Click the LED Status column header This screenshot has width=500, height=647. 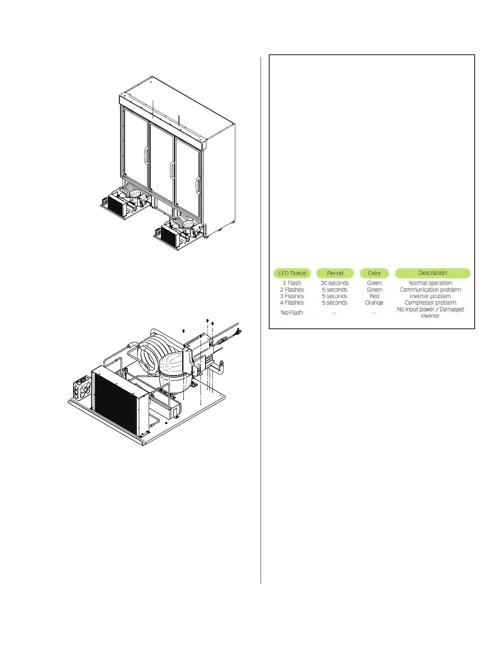[292, 273]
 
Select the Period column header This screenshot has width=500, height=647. [335, 273]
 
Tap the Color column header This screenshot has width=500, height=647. [374, 273]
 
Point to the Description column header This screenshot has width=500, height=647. [433, 273]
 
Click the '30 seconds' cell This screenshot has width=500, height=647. [335, 283]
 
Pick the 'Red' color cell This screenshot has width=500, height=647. [374, 296]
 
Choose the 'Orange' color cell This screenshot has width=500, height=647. [374, 303]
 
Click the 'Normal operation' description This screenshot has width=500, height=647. [430, 283]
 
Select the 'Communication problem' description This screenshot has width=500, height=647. [430, 290]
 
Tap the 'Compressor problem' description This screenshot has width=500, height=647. [430, 303]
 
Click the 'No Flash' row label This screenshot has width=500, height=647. [292, 312]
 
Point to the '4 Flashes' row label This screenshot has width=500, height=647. [292, 303]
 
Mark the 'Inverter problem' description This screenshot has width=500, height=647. [430, 296]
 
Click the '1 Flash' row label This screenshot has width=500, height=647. [292, 283]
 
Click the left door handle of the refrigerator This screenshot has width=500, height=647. [146, 156]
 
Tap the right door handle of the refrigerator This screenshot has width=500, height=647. [198, 185]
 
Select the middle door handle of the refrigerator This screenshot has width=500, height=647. [172, 170]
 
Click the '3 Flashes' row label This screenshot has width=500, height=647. [292, 296]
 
